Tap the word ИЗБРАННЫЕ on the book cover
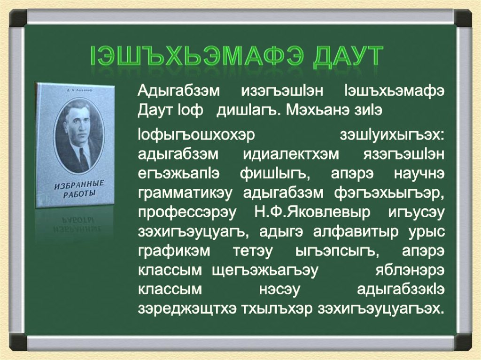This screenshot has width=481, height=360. tap(79, 185)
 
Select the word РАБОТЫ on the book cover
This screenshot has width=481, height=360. tap(80, 194)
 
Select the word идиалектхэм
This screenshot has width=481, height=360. tap(291, 154)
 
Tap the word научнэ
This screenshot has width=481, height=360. tap(419, 174)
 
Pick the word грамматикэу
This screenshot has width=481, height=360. tap(185, 193)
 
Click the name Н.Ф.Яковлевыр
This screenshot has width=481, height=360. tap(312, 212)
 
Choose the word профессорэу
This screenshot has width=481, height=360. tap(187, 213)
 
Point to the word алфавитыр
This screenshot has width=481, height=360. tap(356, 232)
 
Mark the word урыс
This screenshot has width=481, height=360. tap(427, 232)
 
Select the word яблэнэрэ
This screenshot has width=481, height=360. tap(410, 271)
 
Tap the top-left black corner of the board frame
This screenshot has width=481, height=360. tap(18, 18)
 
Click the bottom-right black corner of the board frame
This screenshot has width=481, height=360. tap(463, 342)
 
